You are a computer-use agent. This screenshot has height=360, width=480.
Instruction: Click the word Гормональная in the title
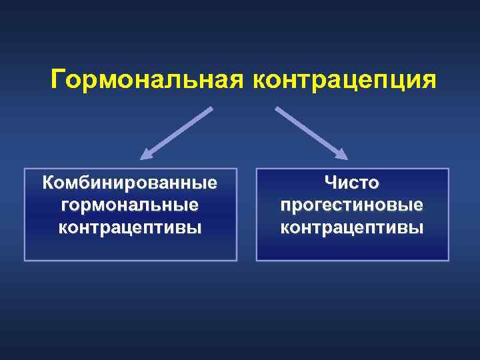tap(147, 79)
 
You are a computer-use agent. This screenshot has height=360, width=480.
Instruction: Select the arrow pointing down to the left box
tap(177, 133)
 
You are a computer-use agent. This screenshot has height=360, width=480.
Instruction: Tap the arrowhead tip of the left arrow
tap(142, 159)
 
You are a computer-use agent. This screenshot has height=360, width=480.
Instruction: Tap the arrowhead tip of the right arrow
tap(347, 159)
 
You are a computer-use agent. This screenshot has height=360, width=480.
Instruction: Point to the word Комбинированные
tap(130, 181)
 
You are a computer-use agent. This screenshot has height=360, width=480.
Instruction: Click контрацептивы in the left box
tap(130, 227)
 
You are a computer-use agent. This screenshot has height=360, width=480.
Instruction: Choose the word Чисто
tap(352, 181)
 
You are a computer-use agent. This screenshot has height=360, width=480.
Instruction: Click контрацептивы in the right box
tap(352, 227)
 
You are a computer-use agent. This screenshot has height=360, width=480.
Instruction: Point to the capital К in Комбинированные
tap(48, 181)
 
